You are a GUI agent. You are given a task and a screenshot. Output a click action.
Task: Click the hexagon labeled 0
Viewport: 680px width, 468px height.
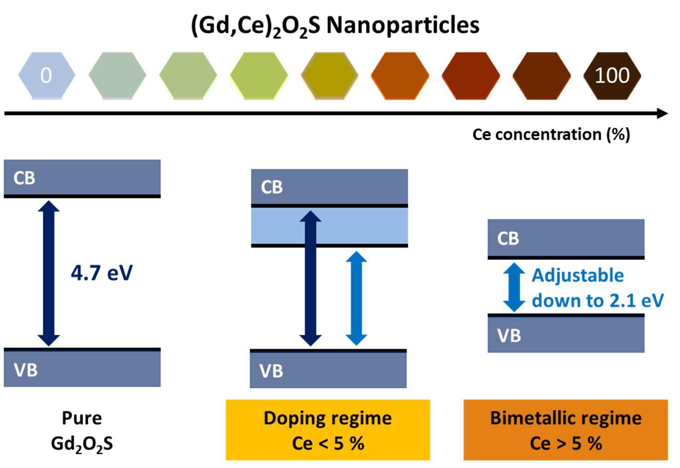pos(46,76)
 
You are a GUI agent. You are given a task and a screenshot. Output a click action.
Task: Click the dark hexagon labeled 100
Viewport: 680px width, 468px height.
pos(612,76)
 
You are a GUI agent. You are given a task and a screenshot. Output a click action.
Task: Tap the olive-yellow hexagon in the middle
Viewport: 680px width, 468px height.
pos(329,76)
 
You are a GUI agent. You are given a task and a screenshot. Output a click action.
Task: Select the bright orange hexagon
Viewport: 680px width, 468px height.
pos(400,76)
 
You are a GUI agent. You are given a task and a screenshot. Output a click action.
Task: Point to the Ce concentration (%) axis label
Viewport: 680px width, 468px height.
pos(551,134)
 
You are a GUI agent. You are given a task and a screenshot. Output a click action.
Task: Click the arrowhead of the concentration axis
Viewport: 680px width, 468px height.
pos(662,113)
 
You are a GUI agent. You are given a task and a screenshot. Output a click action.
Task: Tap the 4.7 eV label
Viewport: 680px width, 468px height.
pos(101,273)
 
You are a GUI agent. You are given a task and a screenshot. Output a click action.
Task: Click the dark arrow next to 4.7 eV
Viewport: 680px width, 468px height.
pos(49,273)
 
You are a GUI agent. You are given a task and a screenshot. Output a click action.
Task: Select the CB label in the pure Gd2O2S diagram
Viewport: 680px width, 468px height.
pos(24,178)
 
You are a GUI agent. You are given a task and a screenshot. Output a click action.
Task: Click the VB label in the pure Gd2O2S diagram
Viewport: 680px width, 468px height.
pos(25,370)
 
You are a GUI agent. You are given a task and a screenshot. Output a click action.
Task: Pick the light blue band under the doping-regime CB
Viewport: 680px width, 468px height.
pos(277,226)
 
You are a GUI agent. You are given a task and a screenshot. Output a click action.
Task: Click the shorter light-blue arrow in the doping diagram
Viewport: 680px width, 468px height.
pos(356,298)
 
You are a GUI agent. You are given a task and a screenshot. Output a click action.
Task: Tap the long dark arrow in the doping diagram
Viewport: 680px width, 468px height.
pos(310,278)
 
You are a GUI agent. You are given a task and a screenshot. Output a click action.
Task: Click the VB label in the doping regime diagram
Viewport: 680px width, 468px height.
pos(271,371)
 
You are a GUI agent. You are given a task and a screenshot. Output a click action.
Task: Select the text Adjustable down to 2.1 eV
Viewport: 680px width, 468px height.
pos(597,288)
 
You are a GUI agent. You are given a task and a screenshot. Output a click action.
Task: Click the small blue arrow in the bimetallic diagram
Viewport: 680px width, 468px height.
pos(513,287)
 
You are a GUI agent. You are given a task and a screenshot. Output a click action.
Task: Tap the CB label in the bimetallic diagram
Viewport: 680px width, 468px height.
pos(508,239)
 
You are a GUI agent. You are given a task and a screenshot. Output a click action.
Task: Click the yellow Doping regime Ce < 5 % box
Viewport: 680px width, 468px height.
pos(328,430)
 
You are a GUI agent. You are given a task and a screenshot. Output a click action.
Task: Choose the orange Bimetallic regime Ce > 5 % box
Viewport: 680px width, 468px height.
pos(566,430)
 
